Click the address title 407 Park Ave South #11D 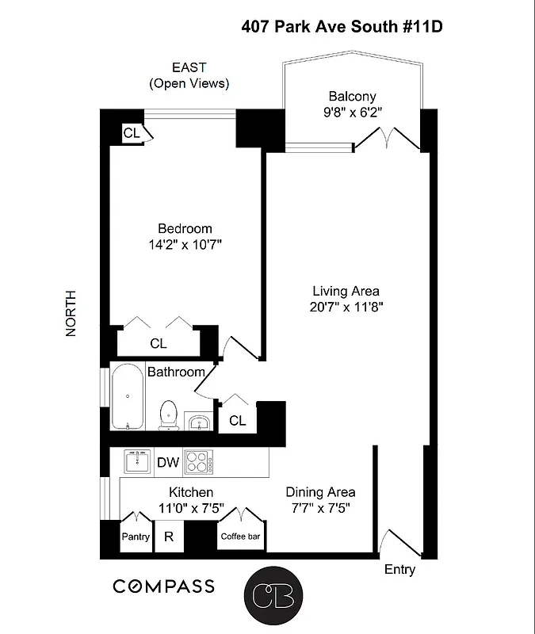[x=341, y=27]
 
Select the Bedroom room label [x=185, y=228]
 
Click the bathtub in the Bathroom [x=127, y=396]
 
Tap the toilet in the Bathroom [x=168, y=414]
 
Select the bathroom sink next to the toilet [x=198, y=421]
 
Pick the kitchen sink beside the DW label [x=137, y=461]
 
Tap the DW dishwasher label [x=167, y=462]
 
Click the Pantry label [x=136, y=537]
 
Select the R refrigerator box [x=168, y=537]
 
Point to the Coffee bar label [x=240, y=537]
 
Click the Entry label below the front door [x=399, y=569]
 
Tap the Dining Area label [x=320, y=491]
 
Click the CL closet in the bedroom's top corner [x=131, y=133]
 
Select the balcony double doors [x=386, y=141]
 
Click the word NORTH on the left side [x=71, y=313]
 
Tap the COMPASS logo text [x=163, y=586]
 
